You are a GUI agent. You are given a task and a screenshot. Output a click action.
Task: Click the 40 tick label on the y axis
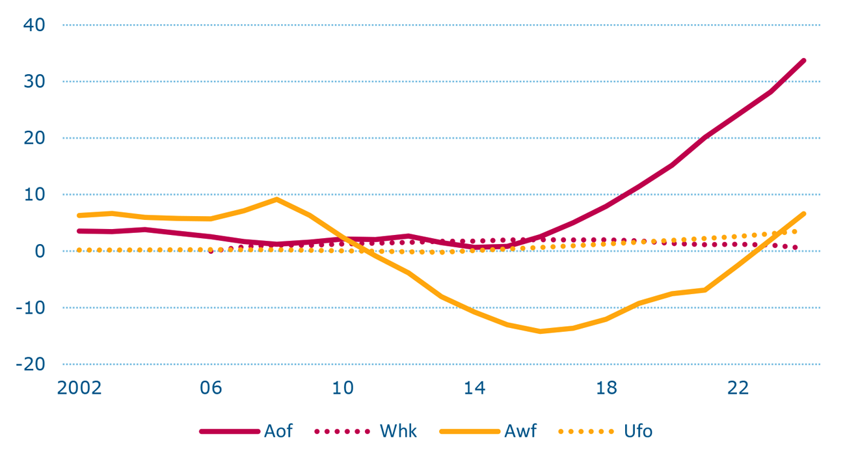pyautogui.click(x=34, y=25)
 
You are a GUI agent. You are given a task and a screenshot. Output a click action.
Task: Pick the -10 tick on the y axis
pyautogui.click(x=31, y=308)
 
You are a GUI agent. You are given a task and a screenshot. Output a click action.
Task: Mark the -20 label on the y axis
pyautogui.click(x=31, y=364)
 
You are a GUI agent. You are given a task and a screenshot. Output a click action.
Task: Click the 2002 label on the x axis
pyautogui.click(x=79, y=389)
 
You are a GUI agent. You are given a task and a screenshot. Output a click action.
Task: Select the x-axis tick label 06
pyautogui.click(x=211, y=389)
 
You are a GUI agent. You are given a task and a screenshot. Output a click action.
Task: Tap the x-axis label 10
pyautogui.click(x=343, y=389)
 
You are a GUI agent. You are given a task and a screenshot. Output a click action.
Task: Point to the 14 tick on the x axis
pyautogui.click(x=475, y=389)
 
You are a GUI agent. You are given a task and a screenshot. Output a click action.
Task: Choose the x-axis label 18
pyautogui.click(x=606, y=389)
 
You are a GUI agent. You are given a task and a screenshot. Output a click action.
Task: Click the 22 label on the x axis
pyautogui.click(x=738, y=389)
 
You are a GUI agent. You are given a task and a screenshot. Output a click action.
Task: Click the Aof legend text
pyautogui.click(x=278, y=431)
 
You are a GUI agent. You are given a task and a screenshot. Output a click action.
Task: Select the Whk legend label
pyautogui.click(x=398, y=431)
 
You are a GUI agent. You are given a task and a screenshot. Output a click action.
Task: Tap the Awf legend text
pyautogui.click(x=520, y=431)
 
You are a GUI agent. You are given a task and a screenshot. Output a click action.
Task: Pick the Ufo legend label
pyautogui.click(x=637, y=431)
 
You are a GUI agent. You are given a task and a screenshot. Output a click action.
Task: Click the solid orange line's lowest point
pyautogui.click(x=540, y=331)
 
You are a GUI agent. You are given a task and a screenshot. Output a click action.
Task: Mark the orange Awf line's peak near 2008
pyautogui.click(x=277, y=199)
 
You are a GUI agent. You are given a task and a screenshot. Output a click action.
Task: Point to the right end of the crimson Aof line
pyautogui.click(x=804, y=61)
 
